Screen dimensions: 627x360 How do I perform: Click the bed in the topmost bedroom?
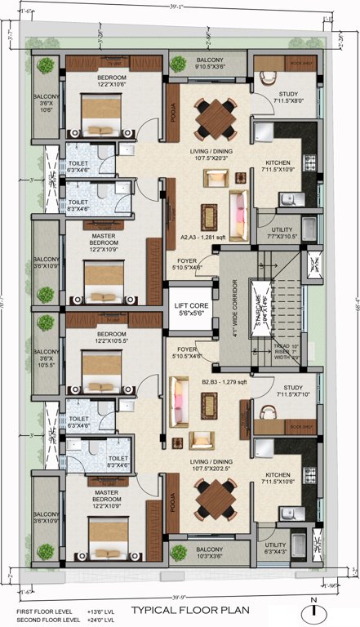pyautogui.click(x=101, y=116)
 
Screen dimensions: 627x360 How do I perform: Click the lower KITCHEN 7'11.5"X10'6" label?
pyautogui.click(x=279, y=477)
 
